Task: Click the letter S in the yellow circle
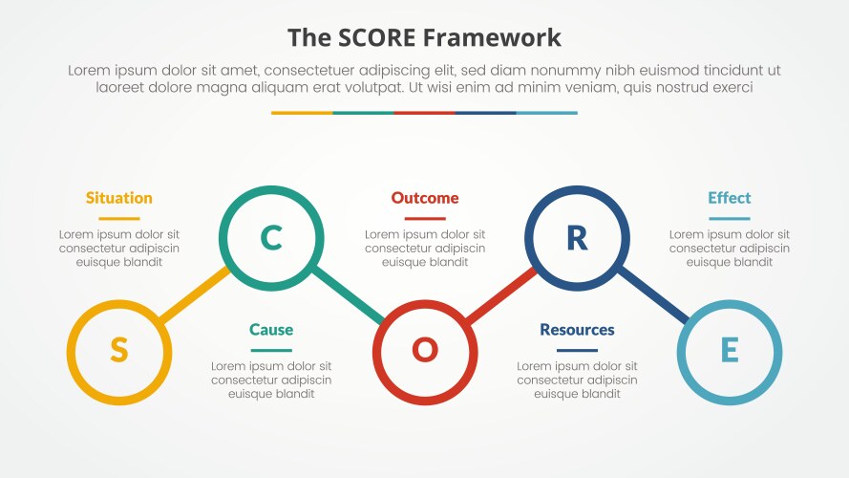pos(118,350)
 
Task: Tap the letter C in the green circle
pos(271,237)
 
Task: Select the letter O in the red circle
pos(424,350)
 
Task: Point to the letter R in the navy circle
pos(577,237)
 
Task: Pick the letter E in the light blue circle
pos(729,350)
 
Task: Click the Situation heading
pos(118,198)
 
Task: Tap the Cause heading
pos(271,330)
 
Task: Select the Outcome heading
pos(424,198)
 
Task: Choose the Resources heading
pos(577,330)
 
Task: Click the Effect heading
pos(729,198)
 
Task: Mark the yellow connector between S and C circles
pos(195,293)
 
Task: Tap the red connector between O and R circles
pos(499,295)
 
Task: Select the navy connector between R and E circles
pos(654,295)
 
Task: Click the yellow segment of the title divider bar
pos(302,113)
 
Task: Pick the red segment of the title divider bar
pos(424,113)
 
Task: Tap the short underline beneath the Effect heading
pos(729,219)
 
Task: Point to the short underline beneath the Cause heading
pos(271,351)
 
